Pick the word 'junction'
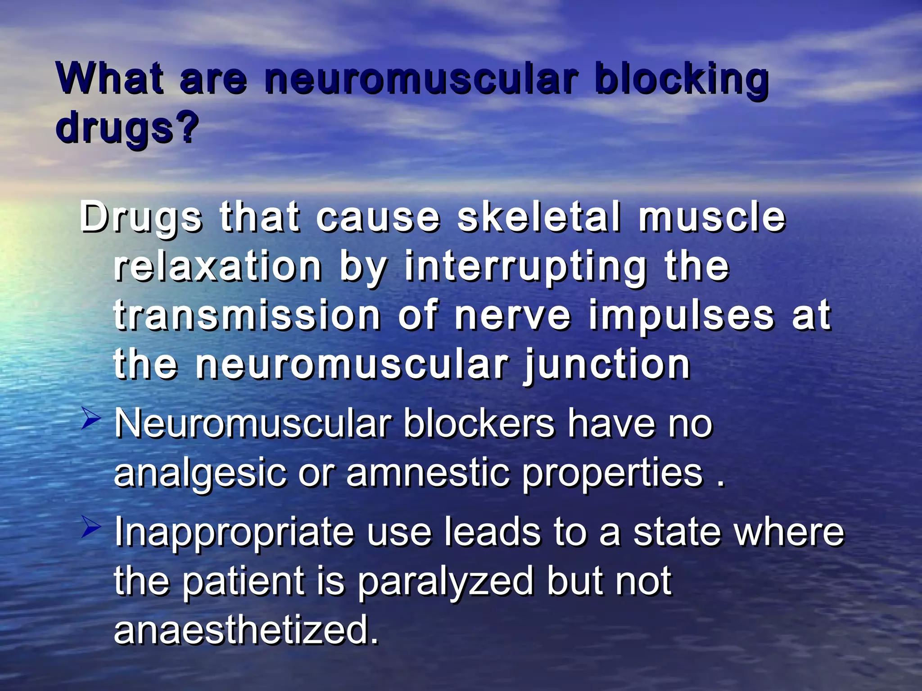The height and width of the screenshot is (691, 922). pos(607,365)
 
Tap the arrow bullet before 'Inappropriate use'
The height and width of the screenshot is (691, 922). pos(91,526)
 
